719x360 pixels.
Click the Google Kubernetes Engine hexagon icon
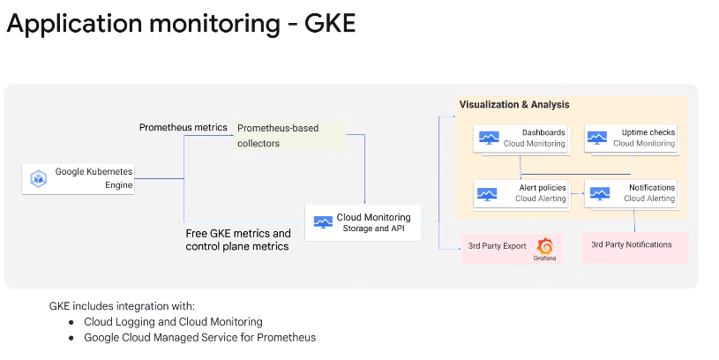[39, 178]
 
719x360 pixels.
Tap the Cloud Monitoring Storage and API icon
[320, 221]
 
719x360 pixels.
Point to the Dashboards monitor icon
[488, 138]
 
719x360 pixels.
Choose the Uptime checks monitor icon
[597, 138]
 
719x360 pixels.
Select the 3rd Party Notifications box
[634, 246]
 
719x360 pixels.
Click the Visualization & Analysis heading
[514, 104]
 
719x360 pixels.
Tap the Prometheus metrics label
[183, 127]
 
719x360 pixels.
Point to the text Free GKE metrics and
[238, 233]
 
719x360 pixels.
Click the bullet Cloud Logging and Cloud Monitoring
[173, 322]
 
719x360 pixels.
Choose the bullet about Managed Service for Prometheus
[199, 337]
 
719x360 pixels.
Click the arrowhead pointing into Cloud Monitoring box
[365, 201]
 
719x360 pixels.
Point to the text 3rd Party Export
[498, 246]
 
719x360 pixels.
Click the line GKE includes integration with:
[109, 305]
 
